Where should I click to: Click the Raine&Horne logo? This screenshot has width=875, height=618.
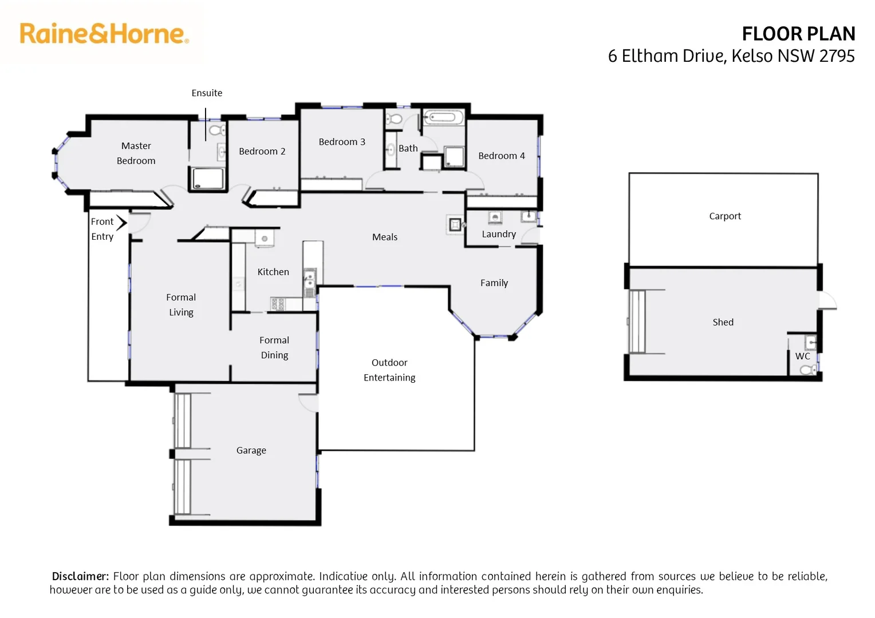pyautogui.click(x=104, y=34)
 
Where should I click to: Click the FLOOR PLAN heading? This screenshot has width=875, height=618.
pyautogui.click(x=798, y=34)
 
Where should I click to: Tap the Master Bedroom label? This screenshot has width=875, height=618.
pyautogui.click(x=136, y=153)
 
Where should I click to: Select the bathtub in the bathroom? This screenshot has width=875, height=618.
pyautogui.click(x=443, y=118)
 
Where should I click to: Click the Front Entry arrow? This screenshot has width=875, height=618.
pyautogui.click(x=121, y=222)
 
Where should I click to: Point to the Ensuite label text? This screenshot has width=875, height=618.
pyautogui.click(x=207, y=93)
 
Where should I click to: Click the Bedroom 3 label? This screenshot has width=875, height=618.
pyautogui.click(x=341, y=142)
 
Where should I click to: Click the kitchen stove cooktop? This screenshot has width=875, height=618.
pyautogui.click(x=278, y=304)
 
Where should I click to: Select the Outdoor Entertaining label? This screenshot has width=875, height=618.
pyautogui.click(x=389, y=370)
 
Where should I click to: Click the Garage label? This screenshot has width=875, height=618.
pyautogui.click(x=251, y=450)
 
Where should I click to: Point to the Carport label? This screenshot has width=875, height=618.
pyautogui.click(x=724, y=216)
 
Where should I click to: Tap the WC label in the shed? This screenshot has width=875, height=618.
pyautogui.click(x=802, y=356)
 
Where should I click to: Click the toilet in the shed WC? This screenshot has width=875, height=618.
pyautogui.click(x=808, y=370)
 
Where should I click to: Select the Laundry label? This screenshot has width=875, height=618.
pyautogui.click(x=498, y=234)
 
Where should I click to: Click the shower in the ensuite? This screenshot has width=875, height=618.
pyautogui.click(x=207, y=178)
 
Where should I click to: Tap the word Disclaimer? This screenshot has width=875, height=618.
pyautogui.click(x=80, y=576)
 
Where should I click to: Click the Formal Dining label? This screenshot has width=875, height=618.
pyautogui.click(x=274, y=347)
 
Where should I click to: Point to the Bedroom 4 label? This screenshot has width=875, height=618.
pyautogui.click(x=501, y=156)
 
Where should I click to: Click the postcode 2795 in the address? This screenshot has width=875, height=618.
pyautogui.click(x=837, y=56)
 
